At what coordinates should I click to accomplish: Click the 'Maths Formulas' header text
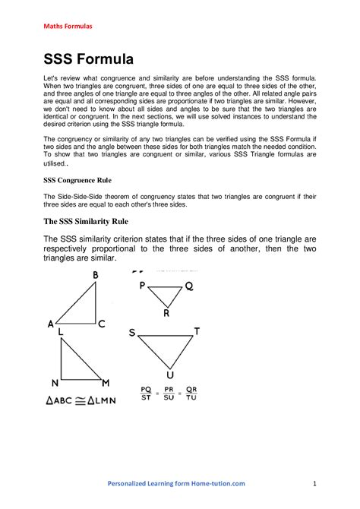[67, 27]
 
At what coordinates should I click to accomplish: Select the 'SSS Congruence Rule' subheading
[78, 181]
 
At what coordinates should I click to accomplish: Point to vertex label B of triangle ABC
[96, 276]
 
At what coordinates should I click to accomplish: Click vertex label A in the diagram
[51, 324]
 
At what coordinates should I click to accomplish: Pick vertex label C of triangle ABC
[101, 324]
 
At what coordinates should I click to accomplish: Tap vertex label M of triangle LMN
[106, 382]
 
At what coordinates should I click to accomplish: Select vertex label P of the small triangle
[142, 286]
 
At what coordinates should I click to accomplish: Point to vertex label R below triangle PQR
[166, 313]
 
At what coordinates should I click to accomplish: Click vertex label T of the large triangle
[197, 331]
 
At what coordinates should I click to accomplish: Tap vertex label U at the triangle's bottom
[169, 375]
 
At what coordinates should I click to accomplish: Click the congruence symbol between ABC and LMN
[78, 400]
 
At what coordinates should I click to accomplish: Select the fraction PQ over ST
[145, 392]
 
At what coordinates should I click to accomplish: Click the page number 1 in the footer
[314, 483]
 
